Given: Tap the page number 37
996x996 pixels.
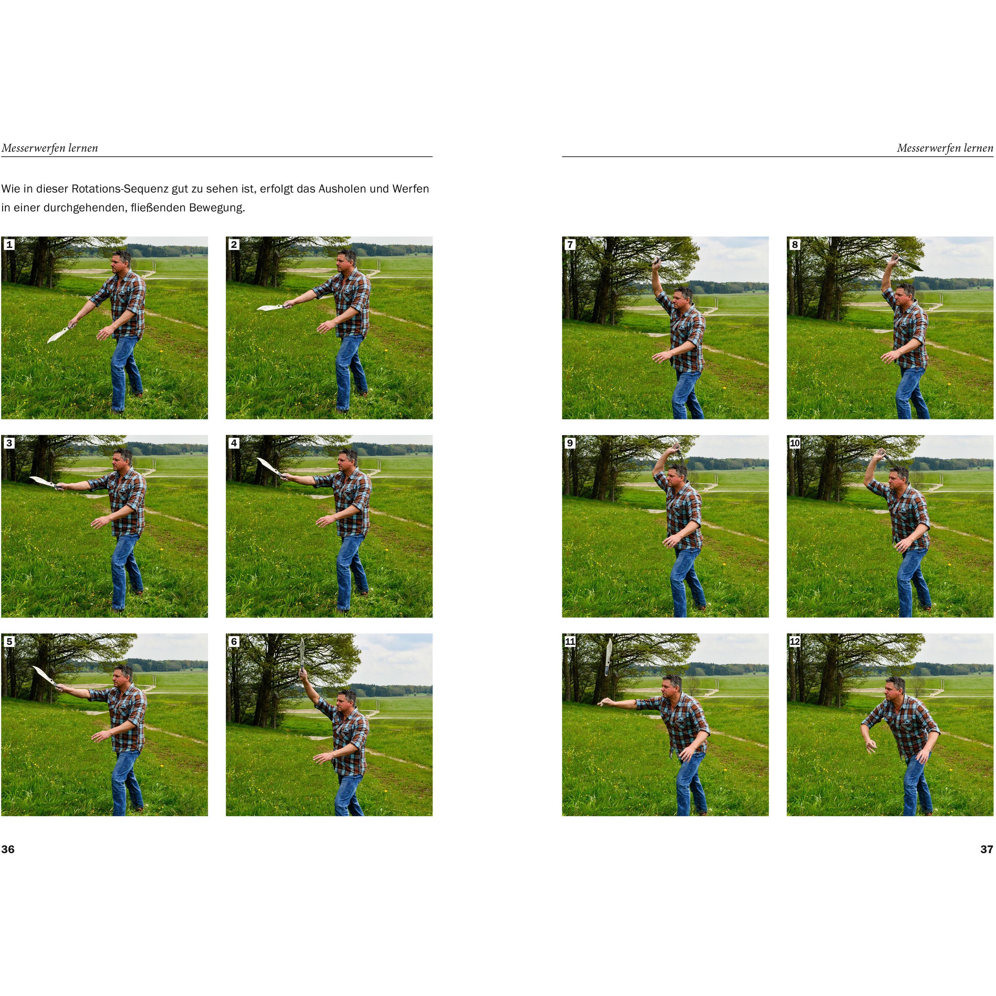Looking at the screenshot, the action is [x=986, y=849].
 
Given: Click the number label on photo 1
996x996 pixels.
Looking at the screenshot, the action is [x=9, y=245].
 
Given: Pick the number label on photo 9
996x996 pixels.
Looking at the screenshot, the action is [x=570, y=443].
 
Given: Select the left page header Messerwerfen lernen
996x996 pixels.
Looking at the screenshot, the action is [x=49, y=148].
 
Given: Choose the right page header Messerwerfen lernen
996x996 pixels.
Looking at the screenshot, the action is [x=945, y=148].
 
